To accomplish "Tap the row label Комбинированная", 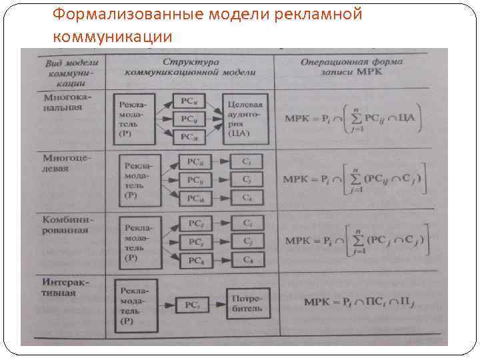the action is [65, 224].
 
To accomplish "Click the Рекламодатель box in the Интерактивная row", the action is [136, 305].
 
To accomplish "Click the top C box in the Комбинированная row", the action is [247, 223].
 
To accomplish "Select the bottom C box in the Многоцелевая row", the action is [247, 198].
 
